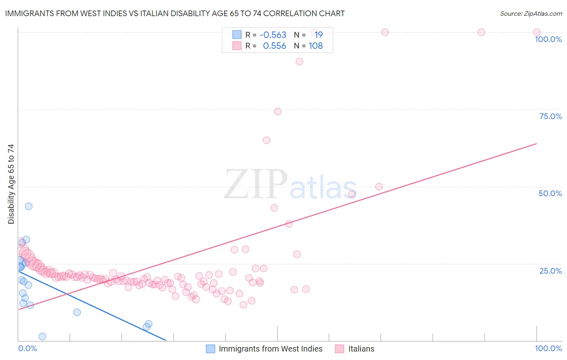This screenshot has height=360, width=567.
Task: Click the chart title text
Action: click(175, 13)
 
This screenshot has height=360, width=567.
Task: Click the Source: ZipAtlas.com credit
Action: click(531, 13)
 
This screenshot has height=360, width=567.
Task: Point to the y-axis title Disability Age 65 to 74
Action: click(11, 184)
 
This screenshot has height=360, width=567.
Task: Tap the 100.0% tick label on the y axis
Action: click(548, 39)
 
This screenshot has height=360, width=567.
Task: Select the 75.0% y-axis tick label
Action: click(550, 116)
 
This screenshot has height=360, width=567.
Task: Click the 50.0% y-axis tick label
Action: click(550, 193)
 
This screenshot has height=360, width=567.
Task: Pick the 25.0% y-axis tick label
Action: click(550, 271)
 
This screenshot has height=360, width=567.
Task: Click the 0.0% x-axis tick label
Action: click(27, 348)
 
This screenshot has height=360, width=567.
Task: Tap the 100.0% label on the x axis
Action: click(548, 348)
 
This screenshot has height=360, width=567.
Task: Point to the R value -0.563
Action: click(273, 35)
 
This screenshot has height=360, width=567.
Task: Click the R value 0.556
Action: click(274, 46)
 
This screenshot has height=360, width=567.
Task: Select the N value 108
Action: click(316, 46)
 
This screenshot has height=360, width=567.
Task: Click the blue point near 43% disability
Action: click(29, 206)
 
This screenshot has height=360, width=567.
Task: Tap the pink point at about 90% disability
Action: click(299, 62)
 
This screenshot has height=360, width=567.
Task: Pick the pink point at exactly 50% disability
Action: click(379, 186)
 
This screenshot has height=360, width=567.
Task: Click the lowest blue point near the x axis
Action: click(42, 337)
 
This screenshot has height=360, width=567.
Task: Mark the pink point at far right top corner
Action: click(537, 32)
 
